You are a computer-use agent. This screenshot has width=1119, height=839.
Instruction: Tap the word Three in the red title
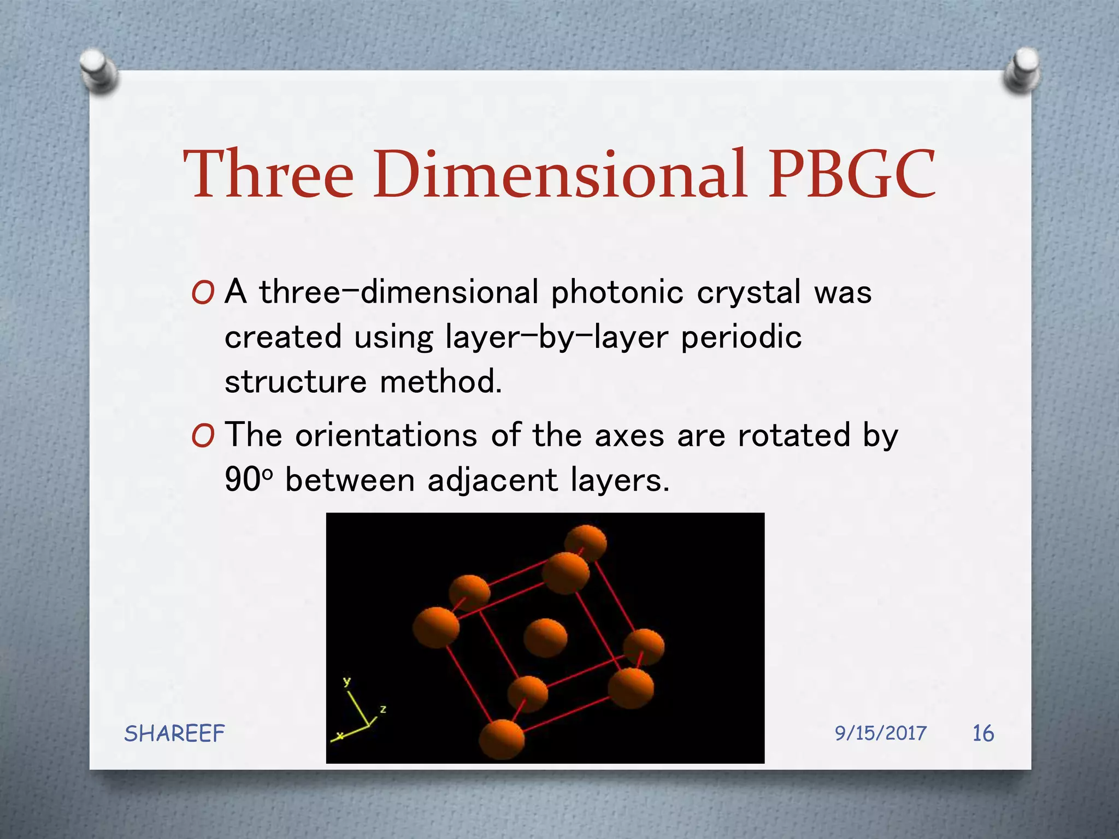pos(269,174)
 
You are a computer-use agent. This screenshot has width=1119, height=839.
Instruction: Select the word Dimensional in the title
pos(559,174)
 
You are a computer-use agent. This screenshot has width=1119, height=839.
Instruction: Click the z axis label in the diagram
pos(383,709)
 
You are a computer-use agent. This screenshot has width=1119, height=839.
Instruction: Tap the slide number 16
pos(983,733)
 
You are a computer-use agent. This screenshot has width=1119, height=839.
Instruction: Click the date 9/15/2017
pos(880,733)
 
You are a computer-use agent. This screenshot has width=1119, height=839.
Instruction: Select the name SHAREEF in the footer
pos(174,734)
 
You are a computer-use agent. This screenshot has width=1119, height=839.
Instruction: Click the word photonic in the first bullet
pos(617,293)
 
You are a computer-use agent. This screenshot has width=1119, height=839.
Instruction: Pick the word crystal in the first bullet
pos(749,293)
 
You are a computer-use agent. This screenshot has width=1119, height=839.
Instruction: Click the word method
pos(440,381)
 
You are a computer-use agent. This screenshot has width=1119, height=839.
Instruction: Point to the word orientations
pos(386,436)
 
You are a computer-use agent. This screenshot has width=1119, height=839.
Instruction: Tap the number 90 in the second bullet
pos(243,480)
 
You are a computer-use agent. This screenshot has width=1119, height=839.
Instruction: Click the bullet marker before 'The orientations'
pos(203,437)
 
